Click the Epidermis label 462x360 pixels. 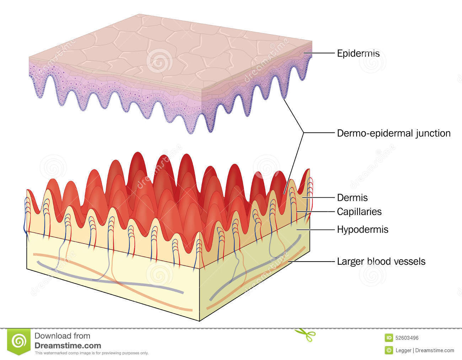[358, 54]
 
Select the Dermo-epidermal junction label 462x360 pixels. [393, 133]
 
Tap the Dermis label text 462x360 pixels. [352, 197]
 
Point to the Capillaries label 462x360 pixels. [359, 212]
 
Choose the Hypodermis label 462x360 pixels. [362, 230]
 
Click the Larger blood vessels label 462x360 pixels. [381, 262]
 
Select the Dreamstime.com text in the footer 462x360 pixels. [68, 345]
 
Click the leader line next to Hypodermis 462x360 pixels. [316, 230]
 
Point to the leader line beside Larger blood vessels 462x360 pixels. [313, 262]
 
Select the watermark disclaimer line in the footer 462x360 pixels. [91, 353]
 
